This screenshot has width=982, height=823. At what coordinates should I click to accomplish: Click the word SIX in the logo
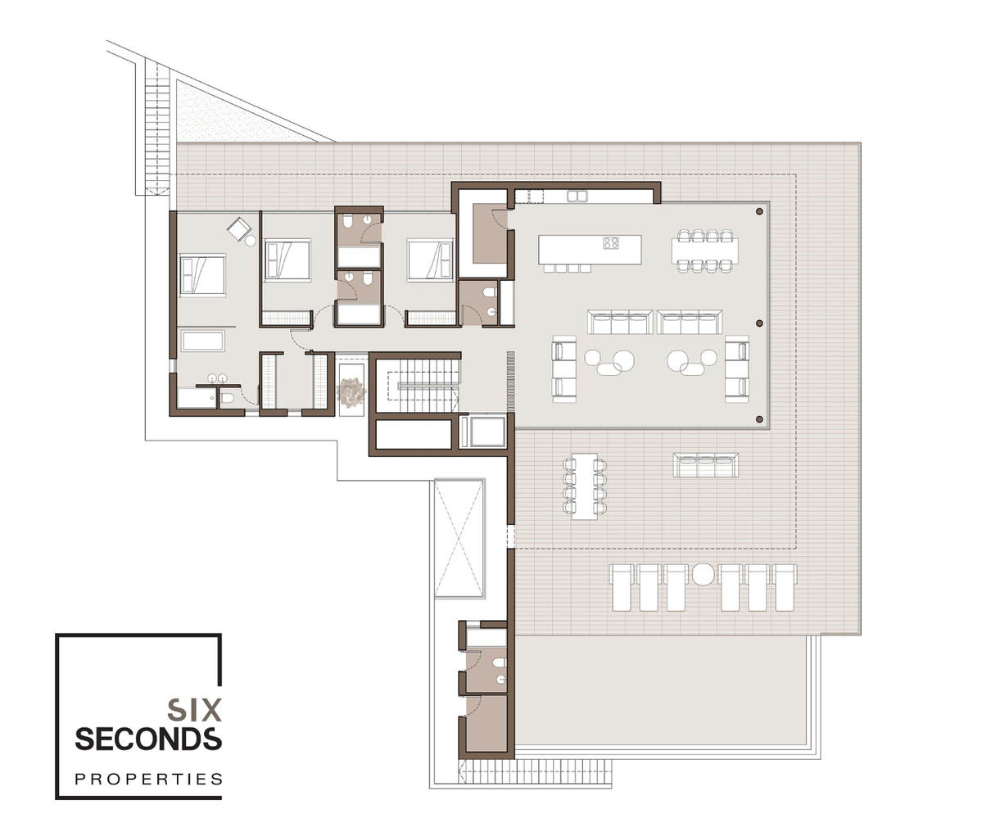(195, 710)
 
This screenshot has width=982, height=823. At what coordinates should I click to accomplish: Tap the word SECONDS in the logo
(148, 739)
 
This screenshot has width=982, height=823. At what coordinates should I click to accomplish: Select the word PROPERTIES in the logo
(148, 779)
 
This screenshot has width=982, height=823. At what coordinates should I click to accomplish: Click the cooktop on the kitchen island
(611, 242)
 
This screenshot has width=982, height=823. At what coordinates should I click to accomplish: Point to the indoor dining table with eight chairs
(705, 251)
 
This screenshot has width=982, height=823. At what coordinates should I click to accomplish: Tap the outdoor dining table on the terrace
(584, 486)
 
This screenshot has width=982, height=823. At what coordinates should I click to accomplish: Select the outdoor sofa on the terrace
(706, 465)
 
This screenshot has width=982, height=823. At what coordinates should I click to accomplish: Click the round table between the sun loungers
(704, 574)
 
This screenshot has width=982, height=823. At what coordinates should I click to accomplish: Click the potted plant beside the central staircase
(351, 391)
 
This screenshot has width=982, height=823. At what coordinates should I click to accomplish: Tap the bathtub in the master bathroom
(203, 341)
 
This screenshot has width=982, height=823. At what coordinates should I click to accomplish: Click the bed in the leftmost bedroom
(202, 274)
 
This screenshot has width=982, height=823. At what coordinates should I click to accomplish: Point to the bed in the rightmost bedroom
(430, 260)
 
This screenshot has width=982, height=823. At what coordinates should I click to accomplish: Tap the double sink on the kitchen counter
(577, 197)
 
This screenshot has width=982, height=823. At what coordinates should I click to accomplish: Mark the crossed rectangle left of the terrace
(459, 538)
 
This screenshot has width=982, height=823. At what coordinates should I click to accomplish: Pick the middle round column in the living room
(760, 323)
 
